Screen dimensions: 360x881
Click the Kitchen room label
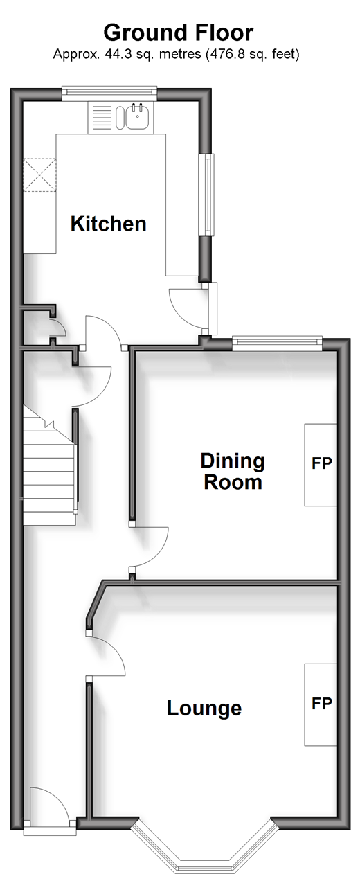pyautogui.click(x=109, y=224)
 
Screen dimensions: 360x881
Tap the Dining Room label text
pyautogui.click(x=233, y=472)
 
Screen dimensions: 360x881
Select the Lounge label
pyautogui.click(x=204, y=709)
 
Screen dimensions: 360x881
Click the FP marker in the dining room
pyautogui.click(x=321, y=463)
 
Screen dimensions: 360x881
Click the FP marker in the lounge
pyautogui.click(x=321, y=703)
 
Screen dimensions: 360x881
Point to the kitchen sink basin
pyautogui.click(x=137, y=116)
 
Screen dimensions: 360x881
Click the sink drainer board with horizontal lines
pyautogui.click(x=102, y=117)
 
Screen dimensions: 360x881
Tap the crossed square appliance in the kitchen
pyautogui.click(x=39, y=175)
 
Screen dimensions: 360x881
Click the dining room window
pyautogui.click(x=277, y=343)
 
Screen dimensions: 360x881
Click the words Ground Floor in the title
pyautogui.click(x=179, y=33)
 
